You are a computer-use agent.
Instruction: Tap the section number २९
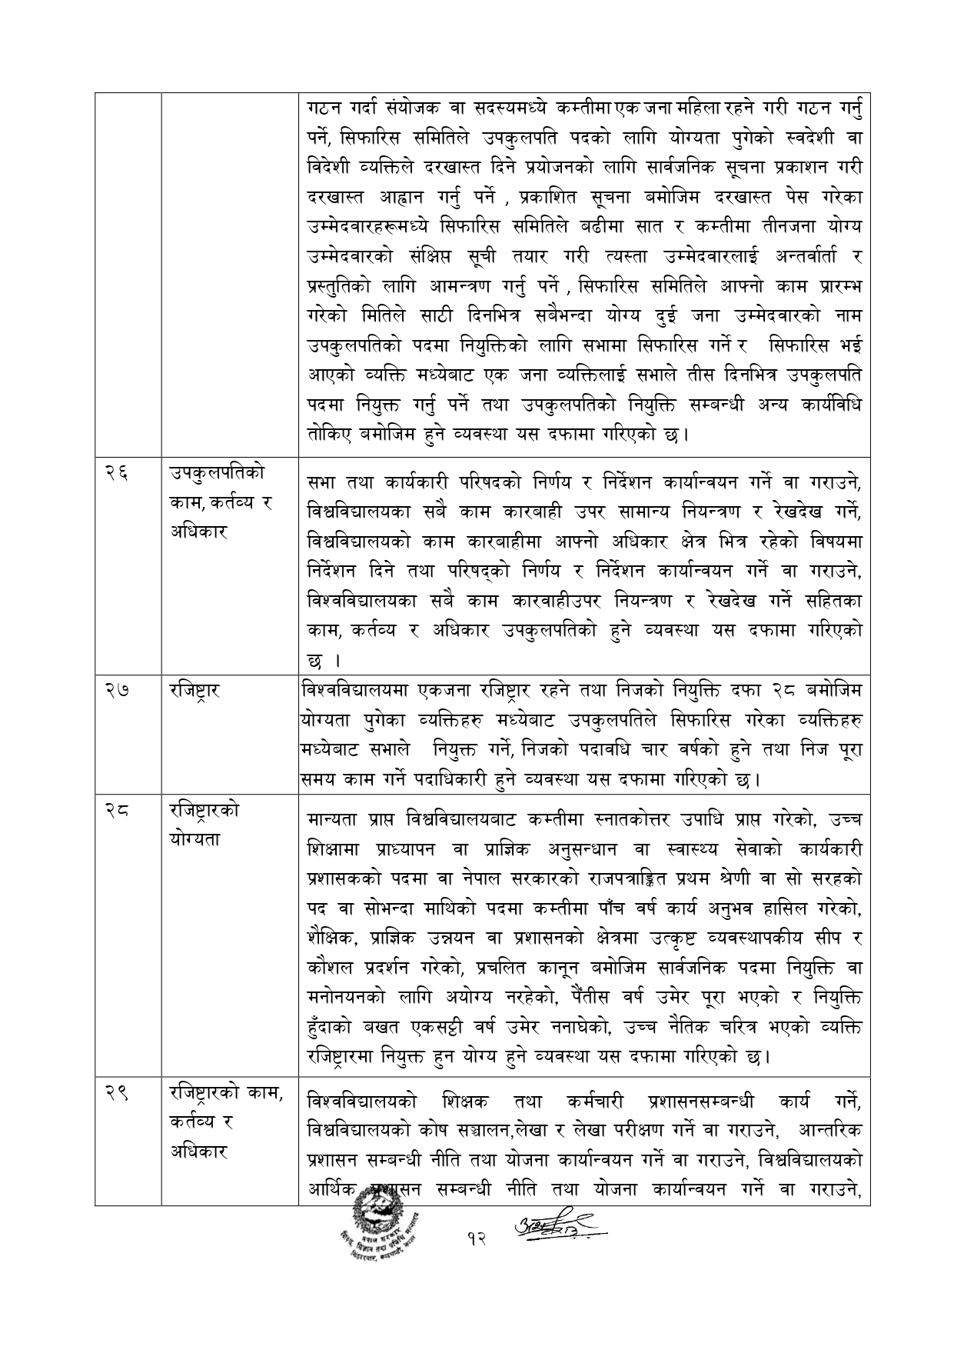[x=116, y=1094]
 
